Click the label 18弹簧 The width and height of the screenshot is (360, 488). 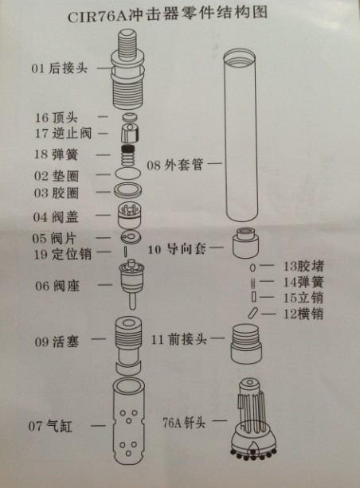56,153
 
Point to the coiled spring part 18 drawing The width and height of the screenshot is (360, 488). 128,152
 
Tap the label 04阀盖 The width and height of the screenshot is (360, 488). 56,217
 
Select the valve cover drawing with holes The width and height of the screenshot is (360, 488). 127,214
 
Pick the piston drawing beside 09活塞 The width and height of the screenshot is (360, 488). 128,340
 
